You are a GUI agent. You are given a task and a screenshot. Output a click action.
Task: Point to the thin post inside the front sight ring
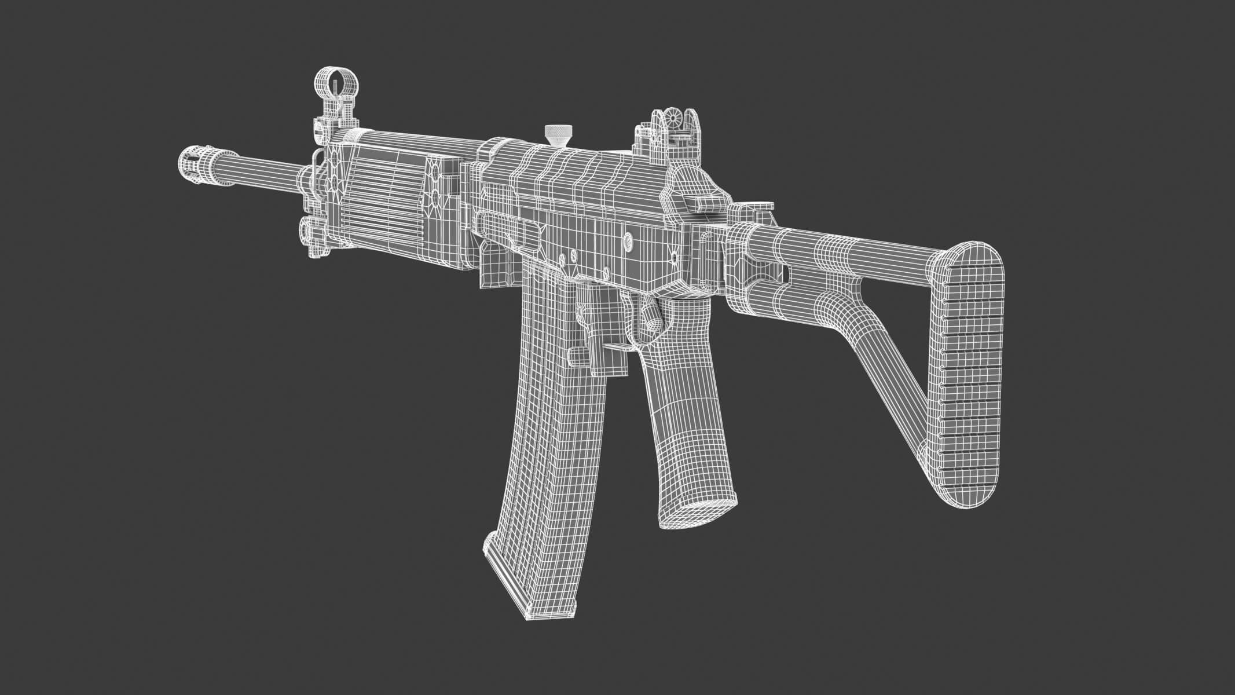(334, 87)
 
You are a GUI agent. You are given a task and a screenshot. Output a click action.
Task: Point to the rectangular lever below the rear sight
(702, 202)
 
